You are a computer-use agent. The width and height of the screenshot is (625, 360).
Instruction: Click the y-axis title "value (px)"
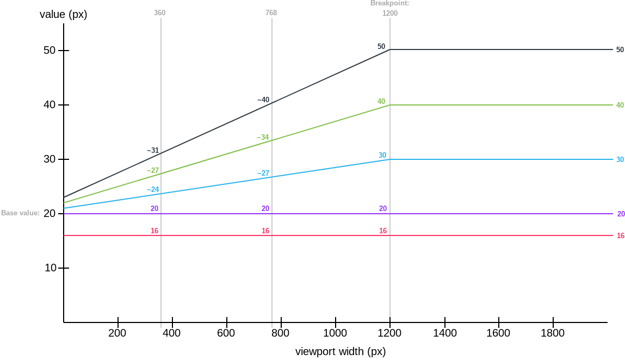(x=63, y=15)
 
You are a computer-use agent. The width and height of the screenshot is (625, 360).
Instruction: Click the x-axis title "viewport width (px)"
(x=340, y=351)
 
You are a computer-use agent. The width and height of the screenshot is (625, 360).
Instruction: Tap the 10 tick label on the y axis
(x=49, y=268)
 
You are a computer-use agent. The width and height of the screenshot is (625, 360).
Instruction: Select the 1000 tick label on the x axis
(x=335, y=333)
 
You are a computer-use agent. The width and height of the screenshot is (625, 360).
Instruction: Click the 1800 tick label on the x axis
(x=553, y=333)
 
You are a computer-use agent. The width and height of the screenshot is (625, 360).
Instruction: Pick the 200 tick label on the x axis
(x=117, y=333)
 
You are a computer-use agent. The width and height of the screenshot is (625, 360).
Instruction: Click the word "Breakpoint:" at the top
(x=389, y=3)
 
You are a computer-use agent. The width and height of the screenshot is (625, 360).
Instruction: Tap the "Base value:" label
(x=21, y=213)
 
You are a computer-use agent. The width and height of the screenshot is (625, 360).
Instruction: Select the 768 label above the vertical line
(x=271, y=13)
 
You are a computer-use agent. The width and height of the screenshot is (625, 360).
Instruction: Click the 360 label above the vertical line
(x=160, y=13)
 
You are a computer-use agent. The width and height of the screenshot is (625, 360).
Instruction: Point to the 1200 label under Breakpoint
(x=389, y=13)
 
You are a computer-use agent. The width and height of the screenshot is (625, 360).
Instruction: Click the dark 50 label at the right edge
(x=620, y=49)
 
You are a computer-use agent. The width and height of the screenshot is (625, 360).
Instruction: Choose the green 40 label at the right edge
(x=620, y=105)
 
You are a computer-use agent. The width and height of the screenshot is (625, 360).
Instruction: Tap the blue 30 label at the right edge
(x=620, y=159)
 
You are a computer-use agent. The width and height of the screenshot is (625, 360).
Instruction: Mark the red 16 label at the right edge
(x=620, y=235)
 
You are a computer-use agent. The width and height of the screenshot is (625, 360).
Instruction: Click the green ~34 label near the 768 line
(x=263, y=137)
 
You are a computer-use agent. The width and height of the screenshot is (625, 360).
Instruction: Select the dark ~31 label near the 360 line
(x=152, y=151)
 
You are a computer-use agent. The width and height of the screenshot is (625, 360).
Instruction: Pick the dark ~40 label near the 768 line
(x=263, y=100)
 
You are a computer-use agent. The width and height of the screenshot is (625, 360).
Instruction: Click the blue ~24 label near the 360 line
(x=152, y=189)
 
